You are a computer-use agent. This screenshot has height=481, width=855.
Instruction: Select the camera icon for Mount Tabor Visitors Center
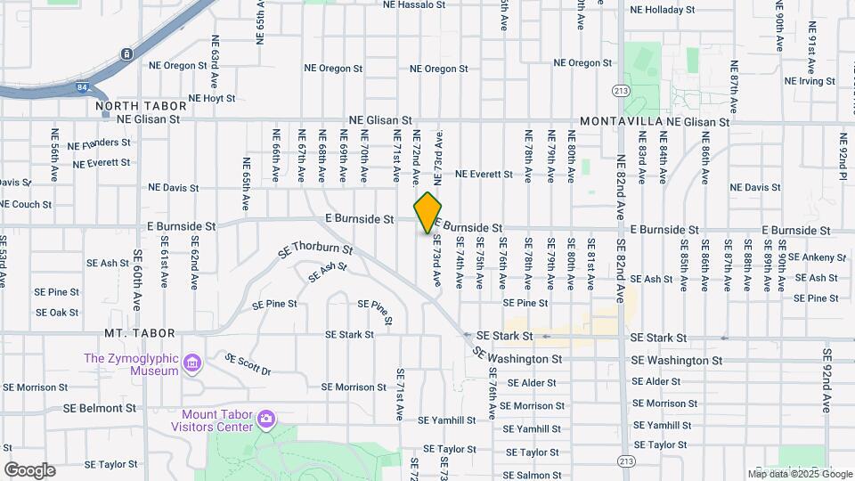tap(265, 419)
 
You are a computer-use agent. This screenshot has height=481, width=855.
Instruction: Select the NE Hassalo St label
tap(413, 4)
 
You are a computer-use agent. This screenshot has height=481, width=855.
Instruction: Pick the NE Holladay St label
tap(662, 10)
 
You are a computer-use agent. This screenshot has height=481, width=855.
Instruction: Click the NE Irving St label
tap(810, 81)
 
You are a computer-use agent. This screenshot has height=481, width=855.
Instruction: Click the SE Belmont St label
tap(100, 408)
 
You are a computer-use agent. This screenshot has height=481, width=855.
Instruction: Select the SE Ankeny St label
tap(815, 257)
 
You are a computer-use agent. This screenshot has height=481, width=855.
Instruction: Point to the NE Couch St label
tap(26, 204)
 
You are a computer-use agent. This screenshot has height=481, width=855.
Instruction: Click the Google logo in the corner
tap(29, 470)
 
